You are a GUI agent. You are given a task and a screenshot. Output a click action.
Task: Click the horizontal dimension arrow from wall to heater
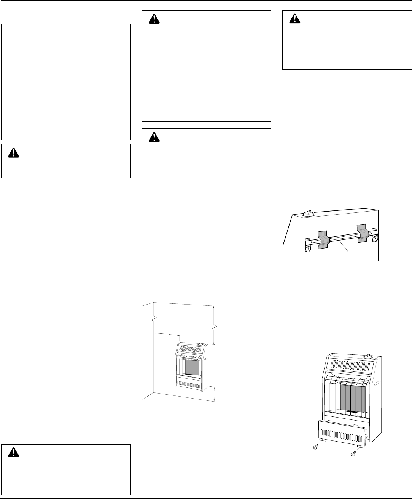coord(166,333)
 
